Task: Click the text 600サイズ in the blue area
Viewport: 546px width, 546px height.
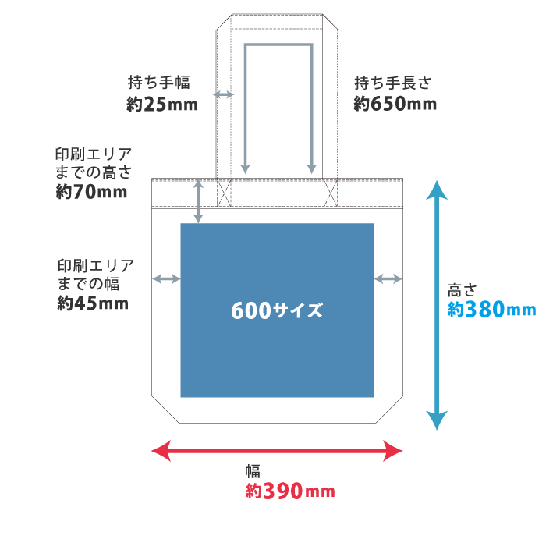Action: point(277,310)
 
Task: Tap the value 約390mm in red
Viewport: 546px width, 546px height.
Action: point(290,491)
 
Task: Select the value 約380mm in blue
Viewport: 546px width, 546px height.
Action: point(492,310)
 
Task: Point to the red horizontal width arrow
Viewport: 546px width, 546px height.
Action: point(277,450)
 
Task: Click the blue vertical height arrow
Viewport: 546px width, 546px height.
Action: point(437,304)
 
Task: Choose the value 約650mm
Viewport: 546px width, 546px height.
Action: point(395,104)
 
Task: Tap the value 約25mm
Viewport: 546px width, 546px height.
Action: point(162,104)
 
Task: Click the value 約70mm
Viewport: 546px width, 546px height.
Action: point(91,192)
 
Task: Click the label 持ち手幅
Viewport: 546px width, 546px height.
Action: point(159,83)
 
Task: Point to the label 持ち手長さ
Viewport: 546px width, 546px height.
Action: point(392,83)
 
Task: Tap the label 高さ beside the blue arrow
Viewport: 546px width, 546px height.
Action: point(460,289)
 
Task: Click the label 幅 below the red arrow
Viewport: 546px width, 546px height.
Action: point(253,471)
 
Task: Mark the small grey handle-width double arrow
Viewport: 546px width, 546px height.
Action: point(224,94)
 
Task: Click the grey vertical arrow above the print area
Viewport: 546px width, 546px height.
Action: point(198,201)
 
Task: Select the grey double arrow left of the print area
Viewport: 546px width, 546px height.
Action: point(166,278)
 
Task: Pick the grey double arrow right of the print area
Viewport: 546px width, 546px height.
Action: point(388,278)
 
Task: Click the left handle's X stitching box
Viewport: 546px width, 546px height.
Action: point(225,193)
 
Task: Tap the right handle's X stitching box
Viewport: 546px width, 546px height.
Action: point(331,193)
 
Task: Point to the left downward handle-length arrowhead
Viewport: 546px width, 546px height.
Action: point(245,168)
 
